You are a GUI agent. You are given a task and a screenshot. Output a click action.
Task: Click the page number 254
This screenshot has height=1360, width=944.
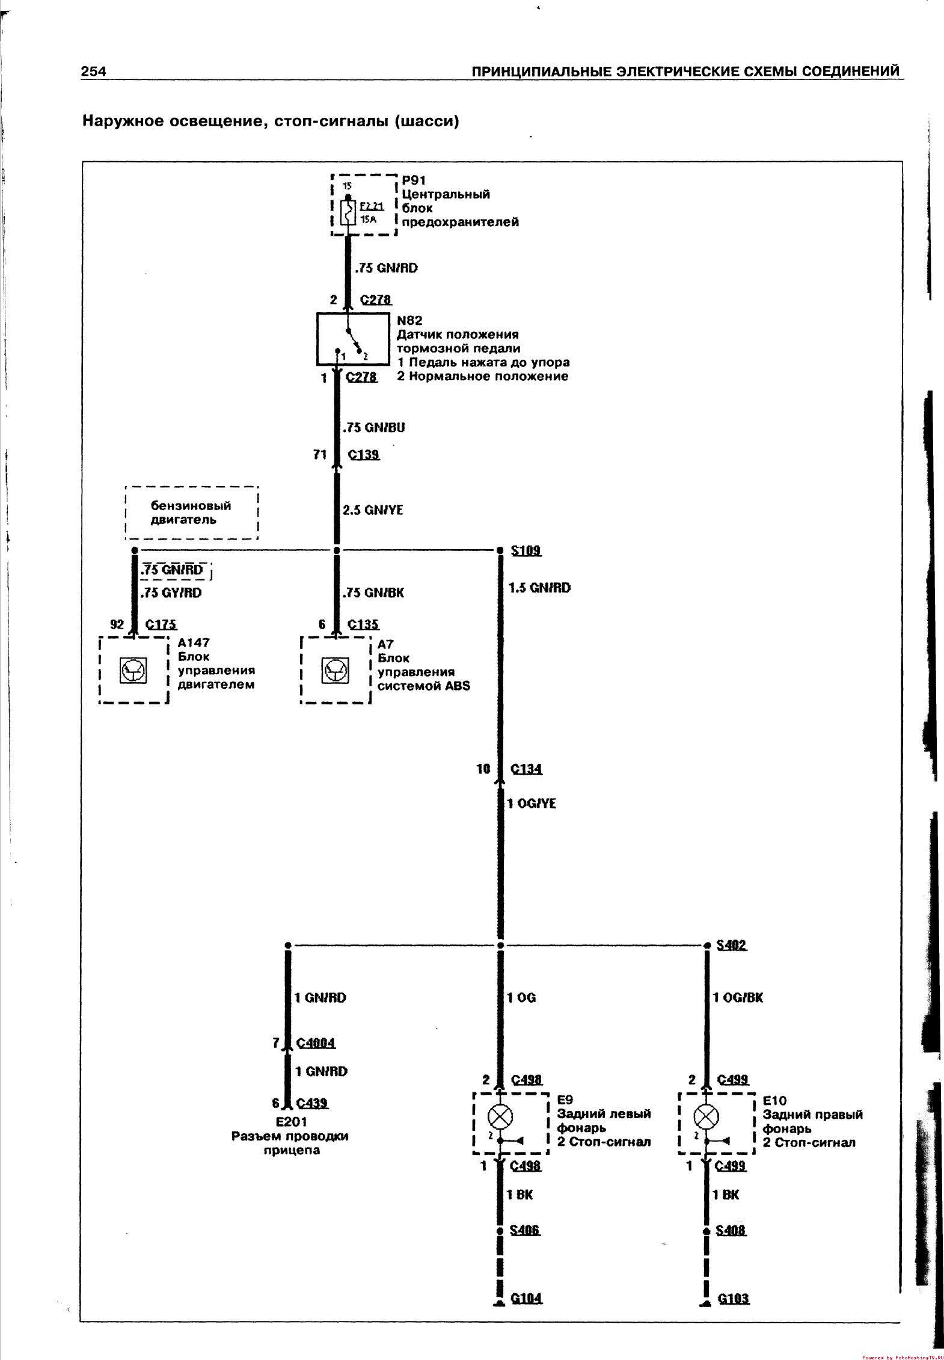(94, 72)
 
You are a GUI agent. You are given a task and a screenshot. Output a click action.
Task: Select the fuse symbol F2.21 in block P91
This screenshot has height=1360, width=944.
(348, 213)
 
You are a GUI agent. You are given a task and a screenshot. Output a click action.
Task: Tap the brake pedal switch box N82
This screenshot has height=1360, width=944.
(352, 339)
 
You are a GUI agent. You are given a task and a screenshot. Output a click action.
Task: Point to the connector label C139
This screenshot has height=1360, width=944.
(364, 455)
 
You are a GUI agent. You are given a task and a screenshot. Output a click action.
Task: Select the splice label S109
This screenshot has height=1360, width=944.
(526, 550)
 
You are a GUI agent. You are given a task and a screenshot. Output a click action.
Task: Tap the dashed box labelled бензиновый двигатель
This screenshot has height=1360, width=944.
(191, 512)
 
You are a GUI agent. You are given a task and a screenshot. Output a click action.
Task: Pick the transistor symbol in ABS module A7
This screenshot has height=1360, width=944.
(334, 670)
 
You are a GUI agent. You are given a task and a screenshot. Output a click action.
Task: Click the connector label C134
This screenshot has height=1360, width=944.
(526, 769)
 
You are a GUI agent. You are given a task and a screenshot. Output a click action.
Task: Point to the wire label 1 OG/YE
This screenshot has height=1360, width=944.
(531, 804)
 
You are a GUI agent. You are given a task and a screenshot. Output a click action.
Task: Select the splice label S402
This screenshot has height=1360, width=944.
(731, 945)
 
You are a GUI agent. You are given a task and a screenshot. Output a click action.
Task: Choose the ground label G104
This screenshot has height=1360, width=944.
(526, 1298)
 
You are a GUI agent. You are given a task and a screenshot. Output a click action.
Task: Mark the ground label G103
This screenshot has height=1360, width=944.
(733, 1298)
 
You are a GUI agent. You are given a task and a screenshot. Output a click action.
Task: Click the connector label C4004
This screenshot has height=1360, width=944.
(315, 1043)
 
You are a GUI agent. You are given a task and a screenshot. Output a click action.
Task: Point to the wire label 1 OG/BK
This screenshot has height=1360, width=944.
(737, 997)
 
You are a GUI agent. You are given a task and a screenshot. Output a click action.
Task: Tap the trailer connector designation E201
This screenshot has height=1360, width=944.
(291, 1121)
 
